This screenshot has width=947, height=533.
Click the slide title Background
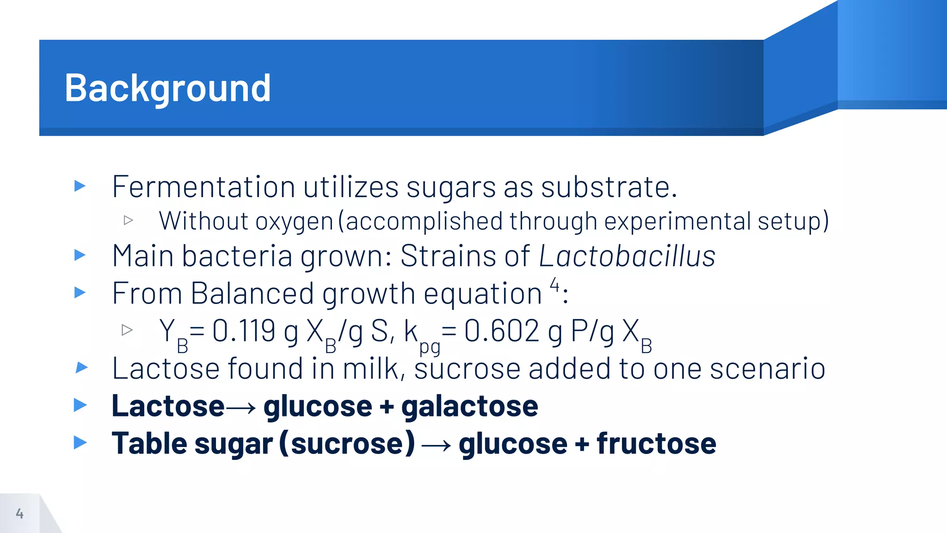167,88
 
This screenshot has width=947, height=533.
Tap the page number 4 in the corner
19,513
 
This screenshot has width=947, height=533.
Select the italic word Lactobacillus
627,256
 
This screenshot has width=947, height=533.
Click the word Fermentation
203,187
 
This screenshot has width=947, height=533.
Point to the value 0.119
244,331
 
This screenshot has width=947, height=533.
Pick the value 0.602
501,331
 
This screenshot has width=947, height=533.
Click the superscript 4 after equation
554,284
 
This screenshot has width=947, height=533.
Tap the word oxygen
294,222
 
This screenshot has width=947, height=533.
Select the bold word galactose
469,406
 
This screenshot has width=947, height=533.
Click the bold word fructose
656,444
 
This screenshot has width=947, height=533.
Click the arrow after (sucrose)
436,445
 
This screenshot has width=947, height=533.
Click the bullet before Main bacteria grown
80,255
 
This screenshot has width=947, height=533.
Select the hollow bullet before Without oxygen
129,220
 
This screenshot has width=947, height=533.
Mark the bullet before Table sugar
80,443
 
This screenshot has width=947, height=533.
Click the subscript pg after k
429,347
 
